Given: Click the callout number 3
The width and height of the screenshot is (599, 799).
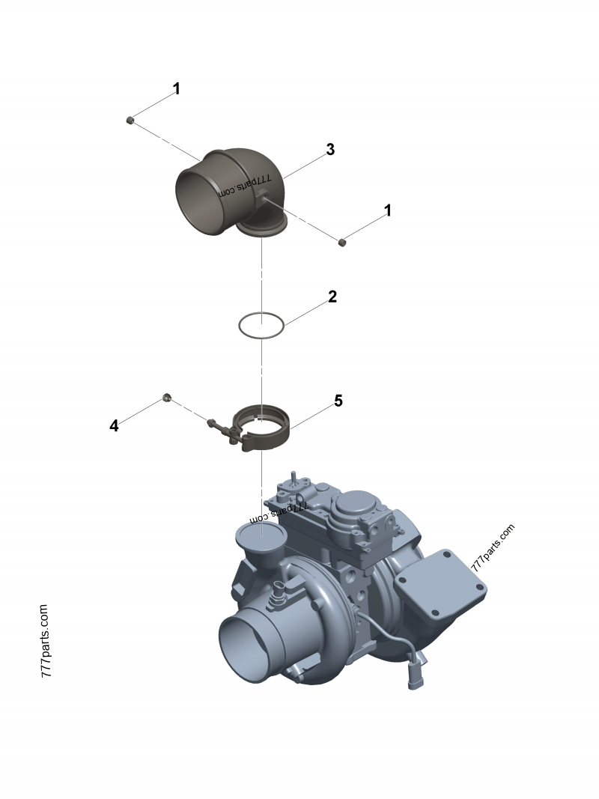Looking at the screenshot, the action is [x=330, y=149].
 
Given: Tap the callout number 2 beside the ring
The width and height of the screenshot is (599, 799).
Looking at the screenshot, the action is [x=332, y=297].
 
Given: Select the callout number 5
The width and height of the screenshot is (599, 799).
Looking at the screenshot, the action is [x=338, y=401].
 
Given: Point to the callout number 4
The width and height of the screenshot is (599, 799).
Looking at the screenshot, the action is [x=114, y=425].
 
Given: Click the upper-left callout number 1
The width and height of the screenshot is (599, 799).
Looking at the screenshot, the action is [x=176, y=88].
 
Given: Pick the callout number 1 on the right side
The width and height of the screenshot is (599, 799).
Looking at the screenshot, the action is [x=388, y=210].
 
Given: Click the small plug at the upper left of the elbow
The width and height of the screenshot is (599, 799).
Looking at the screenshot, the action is [x=130, y=121].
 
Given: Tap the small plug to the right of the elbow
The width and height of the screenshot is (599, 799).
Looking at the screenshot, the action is [x=343, y=242].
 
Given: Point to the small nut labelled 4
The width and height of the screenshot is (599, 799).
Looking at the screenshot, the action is [x=165, y=397].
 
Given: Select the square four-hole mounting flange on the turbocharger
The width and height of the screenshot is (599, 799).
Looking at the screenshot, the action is [x=440, y=586].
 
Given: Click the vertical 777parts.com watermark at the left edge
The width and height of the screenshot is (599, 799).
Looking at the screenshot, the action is [x=45, y=641].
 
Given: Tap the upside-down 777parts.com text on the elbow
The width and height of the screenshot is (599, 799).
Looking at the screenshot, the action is [x=245, y=187].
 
